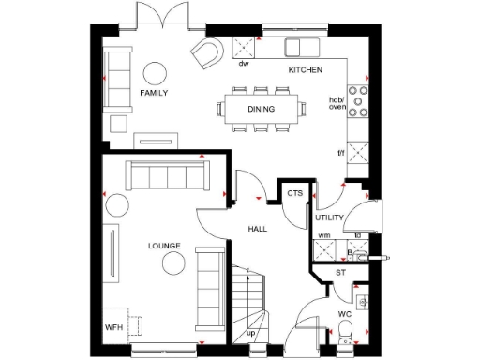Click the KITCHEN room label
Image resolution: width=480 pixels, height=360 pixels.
coord(305,70)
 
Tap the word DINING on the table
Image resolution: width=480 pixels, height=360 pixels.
coord(261,109)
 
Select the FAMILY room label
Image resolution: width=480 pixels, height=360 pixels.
coord(154,94)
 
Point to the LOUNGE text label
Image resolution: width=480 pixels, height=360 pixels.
coord(164,246)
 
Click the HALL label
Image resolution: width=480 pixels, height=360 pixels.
coord(260,229)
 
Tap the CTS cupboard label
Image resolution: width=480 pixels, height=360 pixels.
coord(295,194)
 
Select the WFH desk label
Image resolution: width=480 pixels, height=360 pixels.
coord(113,327)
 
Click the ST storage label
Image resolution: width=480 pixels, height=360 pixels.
coord(341,274)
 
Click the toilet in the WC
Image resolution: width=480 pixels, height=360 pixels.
coord(347,329)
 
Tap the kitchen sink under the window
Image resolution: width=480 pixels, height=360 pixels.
coord(301,47)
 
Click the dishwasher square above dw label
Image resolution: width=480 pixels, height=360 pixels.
coord(245,47)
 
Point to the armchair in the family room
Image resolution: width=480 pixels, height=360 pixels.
coord(205,52)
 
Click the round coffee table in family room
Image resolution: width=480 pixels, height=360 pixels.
coord(154,72)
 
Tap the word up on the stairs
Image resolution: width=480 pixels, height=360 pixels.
coord(250,334)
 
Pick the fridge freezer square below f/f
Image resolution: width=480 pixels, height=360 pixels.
coord(358,158)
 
